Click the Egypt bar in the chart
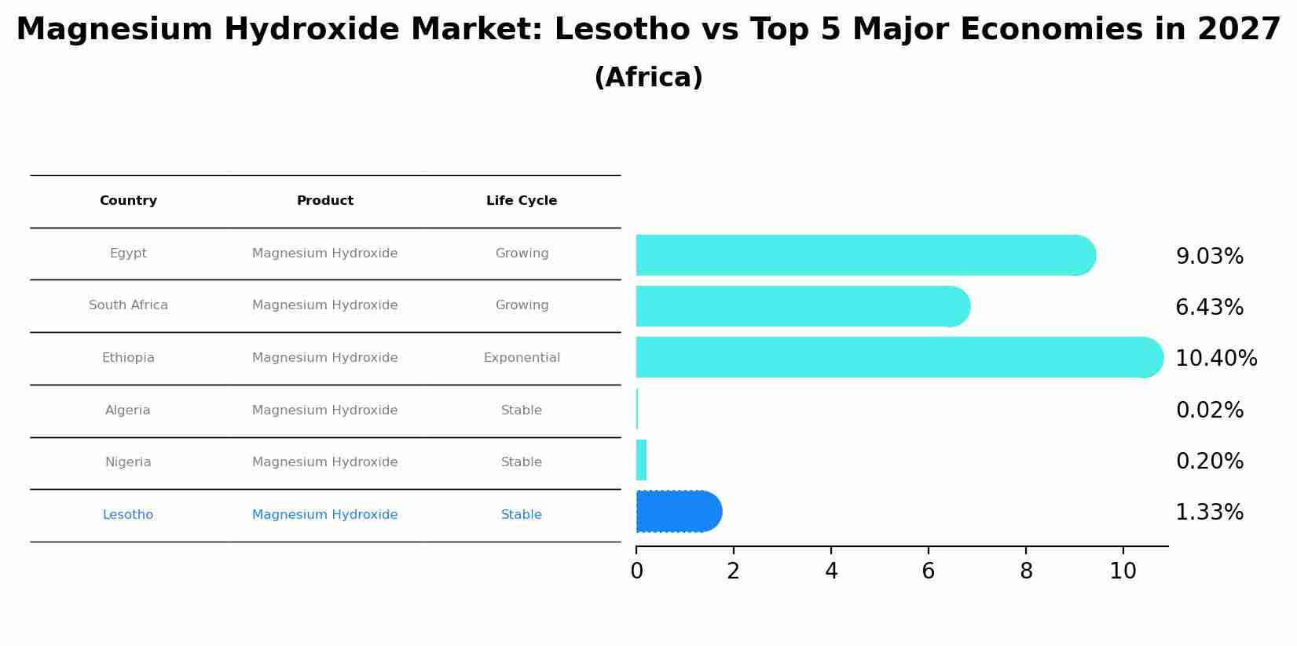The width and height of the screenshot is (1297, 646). point(864,255)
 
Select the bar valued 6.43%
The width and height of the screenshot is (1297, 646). point(801,306)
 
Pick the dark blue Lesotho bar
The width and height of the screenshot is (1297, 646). point(677,512)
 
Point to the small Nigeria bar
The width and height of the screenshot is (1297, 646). point(641,460)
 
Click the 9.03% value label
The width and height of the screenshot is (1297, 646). point(1209,257)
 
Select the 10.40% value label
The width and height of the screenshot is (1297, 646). point(1215,359)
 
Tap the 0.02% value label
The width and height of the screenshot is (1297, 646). point(1209,411)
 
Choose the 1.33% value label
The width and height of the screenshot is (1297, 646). point(1209,513)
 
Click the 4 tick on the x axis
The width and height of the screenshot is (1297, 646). point(831,571)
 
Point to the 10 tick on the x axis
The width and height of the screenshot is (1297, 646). point(1123,571)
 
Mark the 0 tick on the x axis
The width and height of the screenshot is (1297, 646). point(636,571)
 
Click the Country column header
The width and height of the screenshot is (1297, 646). point(128,201)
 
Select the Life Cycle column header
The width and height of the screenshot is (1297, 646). point(522,201)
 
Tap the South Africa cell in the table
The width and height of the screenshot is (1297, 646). point(128,305)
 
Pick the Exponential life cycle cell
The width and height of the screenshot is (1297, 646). point(522,358)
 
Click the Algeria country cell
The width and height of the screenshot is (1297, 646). point(128,411)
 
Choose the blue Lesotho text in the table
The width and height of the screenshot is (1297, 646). point(128,515)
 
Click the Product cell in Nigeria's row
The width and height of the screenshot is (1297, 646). point(324,462)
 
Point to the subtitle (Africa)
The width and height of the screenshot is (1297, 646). point(648,78)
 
